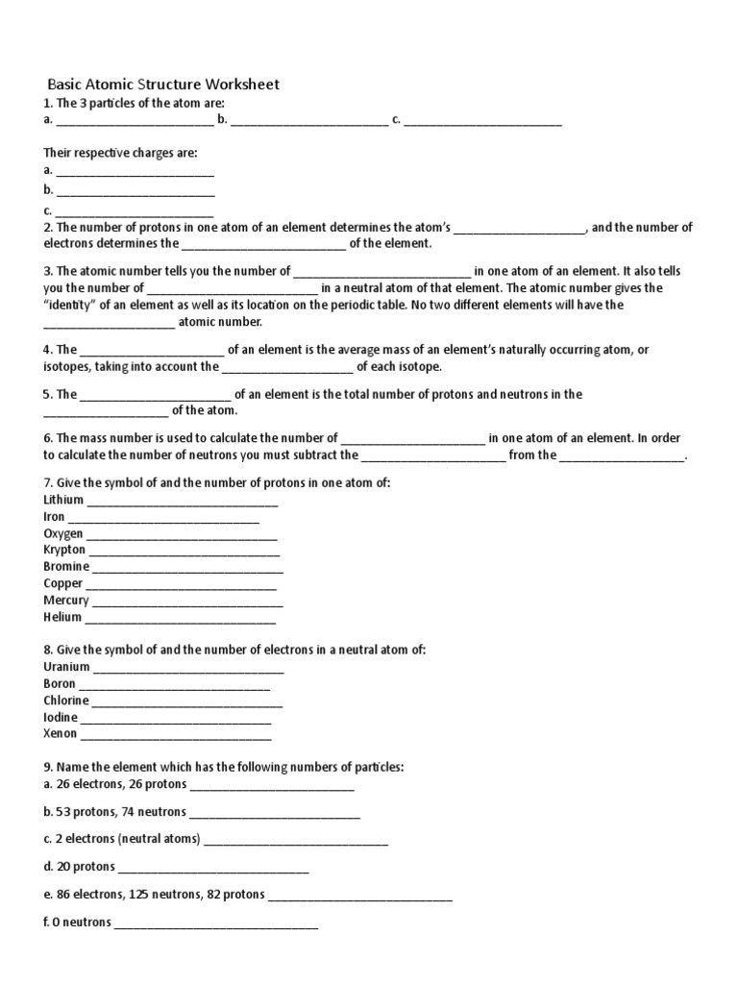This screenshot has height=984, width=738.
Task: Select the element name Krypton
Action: [64, 551]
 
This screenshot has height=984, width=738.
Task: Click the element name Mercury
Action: [66, 601]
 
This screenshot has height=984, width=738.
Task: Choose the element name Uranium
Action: [67, 667]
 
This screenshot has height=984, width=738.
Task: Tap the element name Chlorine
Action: [66, 701]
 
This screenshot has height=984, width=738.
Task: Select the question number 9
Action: [48, 768]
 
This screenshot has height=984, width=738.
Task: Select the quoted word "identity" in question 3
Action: [71, 305]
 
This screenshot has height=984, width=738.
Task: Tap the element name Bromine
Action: [66, 567]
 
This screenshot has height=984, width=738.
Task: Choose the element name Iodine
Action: [61, 718]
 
